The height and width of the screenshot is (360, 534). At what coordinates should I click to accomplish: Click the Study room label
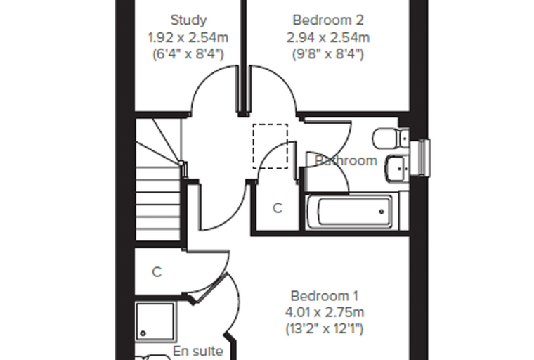coord(188,20)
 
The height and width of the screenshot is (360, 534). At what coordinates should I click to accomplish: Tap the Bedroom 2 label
coord(328,20)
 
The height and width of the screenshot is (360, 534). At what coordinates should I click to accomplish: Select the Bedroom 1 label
coord(324,296)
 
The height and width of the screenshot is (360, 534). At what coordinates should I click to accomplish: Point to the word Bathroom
coord(346,160)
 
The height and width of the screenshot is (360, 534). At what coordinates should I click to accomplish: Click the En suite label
coord(198,351)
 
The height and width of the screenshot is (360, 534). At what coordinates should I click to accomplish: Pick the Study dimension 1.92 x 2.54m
coord(188,37)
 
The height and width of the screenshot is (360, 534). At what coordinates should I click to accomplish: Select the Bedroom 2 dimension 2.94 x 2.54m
coord(328,37)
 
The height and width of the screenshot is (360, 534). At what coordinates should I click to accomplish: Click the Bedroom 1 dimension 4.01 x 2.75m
coord(324,312)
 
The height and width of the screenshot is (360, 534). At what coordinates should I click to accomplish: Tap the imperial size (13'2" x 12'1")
coord(324,329)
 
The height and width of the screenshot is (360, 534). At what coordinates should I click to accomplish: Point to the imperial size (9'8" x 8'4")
coord(328,54)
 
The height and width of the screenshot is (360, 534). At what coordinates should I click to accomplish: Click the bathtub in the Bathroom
coord(353,212)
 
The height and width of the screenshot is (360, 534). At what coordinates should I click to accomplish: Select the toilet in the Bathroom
coord(391,139)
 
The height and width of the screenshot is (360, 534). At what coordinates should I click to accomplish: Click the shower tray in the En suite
coord(156,322)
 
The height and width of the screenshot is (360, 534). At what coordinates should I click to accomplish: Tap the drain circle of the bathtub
coord(382,212)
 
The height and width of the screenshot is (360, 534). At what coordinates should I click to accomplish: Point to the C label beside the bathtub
coord(278,207)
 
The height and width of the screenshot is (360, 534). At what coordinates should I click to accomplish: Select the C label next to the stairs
coord(157,272)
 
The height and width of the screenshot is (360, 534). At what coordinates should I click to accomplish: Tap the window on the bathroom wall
coord(421,157)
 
